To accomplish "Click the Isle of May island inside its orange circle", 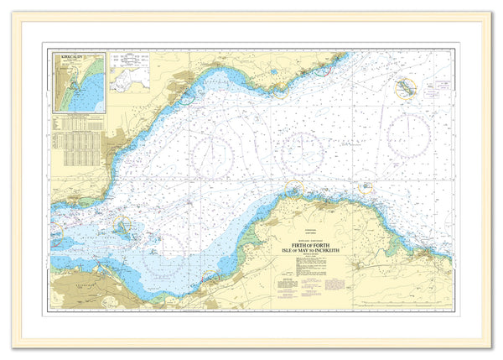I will pyautogui.click(x=407, y=87).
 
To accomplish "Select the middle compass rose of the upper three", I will pyautogui.click(x=303, y=153).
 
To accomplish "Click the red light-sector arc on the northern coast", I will pyautogui.click(x=327, y=67).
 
